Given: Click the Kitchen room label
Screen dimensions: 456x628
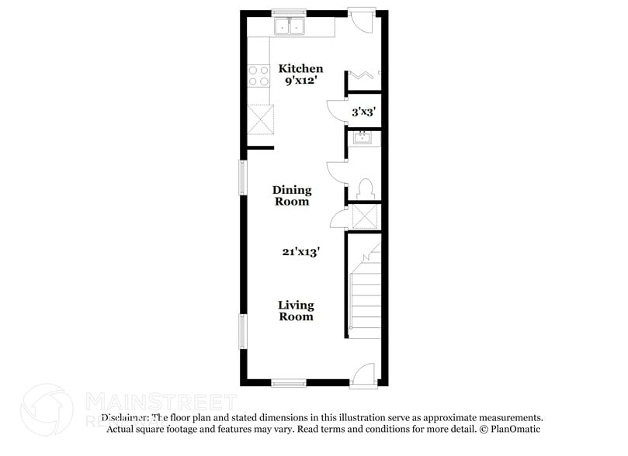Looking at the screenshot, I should (300, 69).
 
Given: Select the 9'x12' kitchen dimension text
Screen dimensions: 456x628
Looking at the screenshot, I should (300, 81).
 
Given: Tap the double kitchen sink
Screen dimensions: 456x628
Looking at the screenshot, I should (290, 27).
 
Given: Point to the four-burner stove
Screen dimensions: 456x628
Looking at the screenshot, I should (258, 76).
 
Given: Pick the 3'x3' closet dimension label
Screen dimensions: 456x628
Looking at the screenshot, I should (363, 112).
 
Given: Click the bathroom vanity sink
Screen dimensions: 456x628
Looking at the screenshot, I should (363, 137).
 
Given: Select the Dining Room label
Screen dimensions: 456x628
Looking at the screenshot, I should (291, 195).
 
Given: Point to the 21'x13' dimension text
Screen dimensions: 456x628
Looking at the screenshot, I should (301, 251).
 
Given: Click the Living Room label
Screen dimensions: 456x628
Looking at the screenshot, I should (296, 310).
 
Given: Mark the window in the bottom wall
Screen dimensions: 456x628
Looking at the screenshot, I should (288, 382).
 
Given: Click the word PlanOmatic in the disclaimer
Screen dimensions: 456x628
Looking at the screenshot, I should (514, 429).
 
